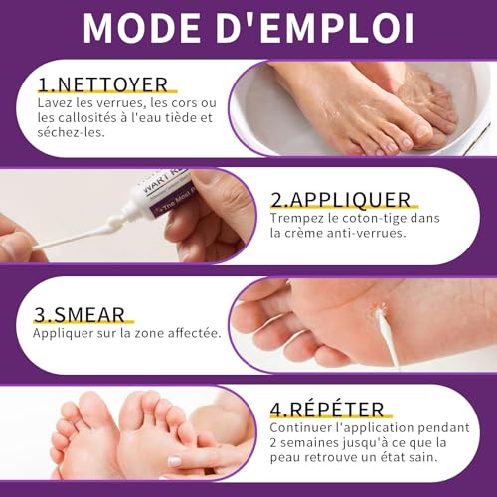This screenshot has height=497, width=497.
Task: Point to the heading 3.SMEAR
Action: (x=81, y=315)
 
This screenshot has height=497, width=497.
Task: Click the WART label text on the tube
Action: (x=150, y=185)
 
